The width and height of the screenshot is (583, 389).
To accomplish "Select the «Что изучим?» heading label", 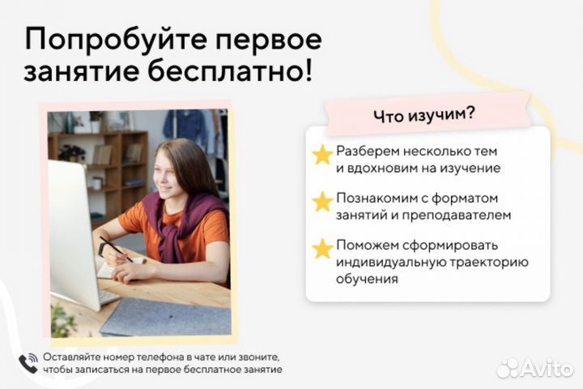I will [x=424, y=115].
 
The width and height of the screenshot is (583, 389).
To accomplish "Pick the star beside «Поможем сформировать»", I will [x=323, y=247].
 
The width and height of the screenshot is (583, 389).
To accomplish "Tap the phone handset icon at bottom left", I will [x=28, y=362].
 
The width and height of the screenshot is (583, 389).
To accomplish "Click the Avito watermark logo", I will [x=534, y=368].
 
